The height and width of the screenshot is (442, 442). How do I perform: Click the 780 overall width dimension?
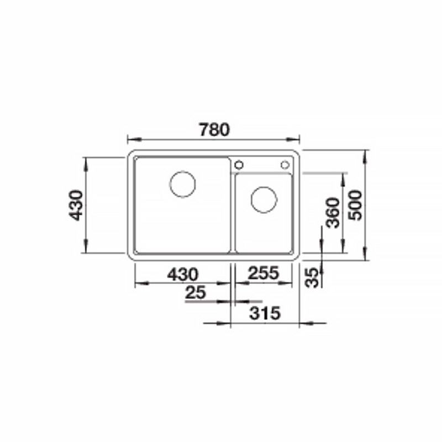[214, 130]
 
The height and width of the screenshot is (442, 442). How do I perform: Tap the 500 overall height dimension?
[355, 205]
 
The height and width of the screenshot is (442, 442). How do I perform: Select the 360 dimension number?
[333, 213]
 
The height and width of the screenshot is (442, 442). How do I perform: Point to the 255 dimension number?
[264, 272]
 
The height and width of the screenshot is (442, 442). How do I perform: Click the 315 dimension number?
[265, 313]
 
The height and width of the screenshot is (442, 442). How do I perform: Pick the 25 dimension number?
[196, 292]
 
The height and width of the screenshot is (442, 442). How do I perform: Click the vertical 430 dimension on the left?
[76, 205]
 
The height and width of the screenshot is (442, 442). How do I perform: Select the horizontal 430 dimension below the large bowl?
[183, 274]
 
